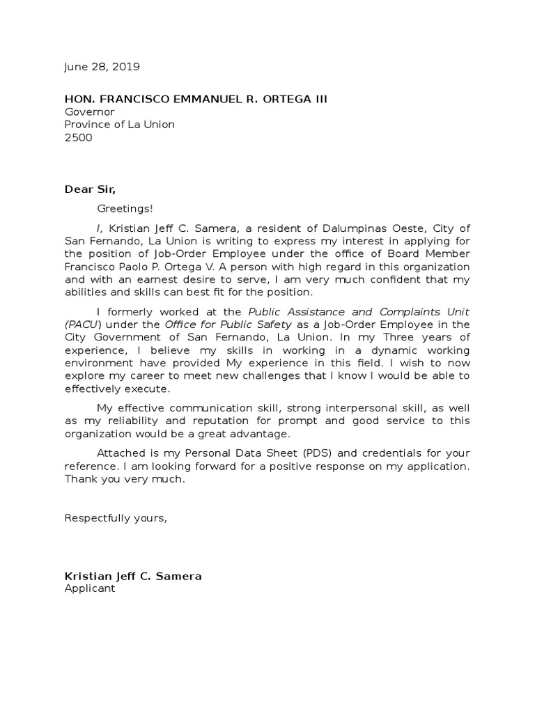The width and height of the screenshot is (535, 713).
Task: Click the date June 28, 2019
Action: tap(102, 68)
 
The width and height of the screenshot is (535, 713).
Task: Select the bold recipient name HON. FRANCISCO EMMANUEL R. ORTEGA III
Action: tap(196, 100)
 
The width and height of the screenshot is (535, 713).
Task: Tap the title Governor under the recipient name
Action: tap(89, 112)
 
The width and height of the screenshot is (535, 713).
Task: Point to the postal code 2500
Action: tap(78, 138)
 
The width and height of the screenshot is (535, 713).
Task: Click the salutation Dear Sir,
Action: tap(91, 189)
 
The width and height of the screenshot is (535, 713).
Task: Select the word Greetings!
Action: tap(124, 208)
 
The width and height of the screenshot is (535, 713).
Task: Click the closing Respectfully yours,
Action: tap(116, 517)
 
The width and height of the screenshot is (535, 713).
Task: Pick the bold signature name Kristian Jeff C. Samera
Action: tap(133, 576)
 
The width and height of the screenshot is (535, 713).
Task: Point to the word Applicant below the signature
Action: tap(90, 588)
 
